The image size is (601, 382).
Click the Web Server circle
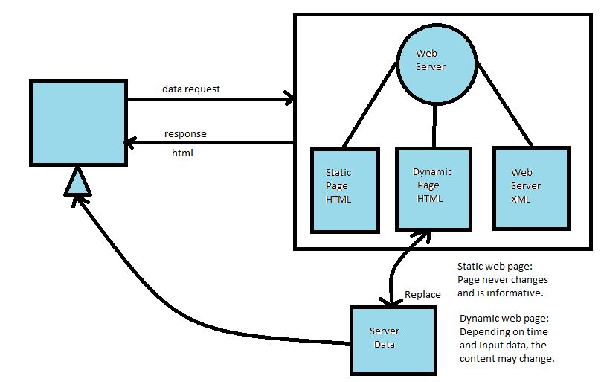click(x=434, y=64)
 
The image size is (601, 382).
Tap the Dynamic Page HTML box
click(x=433, y=187)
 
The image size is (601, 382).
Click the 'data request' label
click(x=191, y=89)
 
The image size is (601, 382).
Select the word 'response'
click(x=185, y=134)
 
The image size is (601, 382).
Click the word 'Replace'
click(x=422, y=294)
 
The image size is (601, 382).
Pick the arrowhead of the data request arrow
click(x=289, y=98)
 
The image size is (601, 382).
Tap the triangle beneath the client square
click(x=77, y=182)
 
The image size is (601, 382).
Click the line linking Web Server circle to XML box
click(x=505, y=104)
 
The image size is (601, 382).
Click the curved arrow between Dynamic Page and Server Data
click(x=395, y=268)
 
